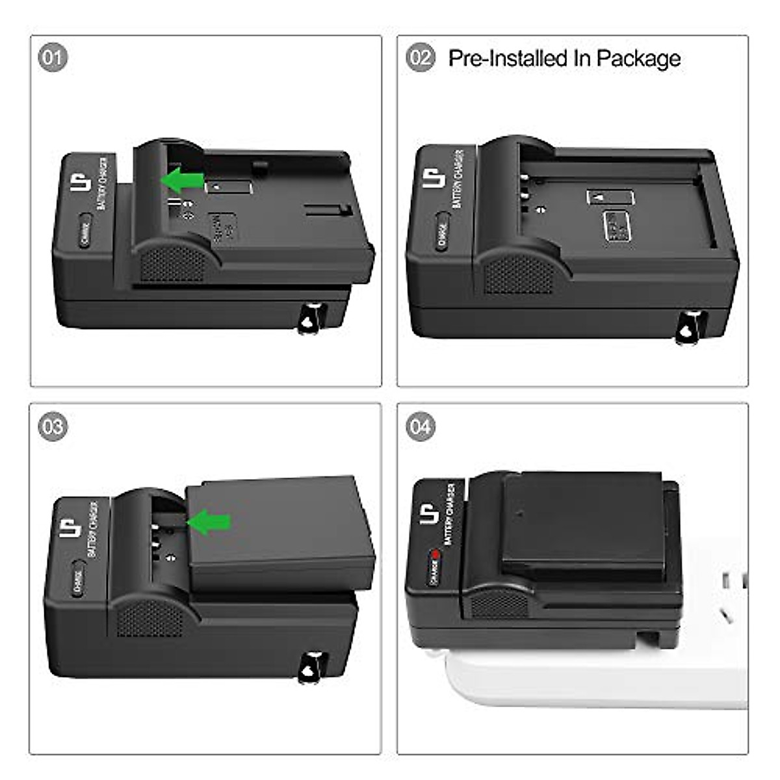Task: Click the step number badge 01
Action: pos(53,58)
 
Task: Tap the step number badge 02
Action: pos(421,58)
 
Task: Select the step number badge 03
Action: pos(53,426)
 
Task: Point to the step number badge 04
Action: pos(421,426)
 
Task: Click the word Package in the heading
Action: pos(638,58)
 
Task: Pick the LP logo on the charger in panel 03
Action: pos(68,528)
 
